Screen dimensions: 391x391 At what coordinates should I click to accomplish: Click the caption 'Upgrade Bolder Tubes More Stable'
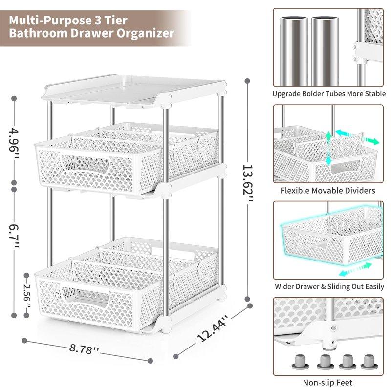click(x=329, y=94)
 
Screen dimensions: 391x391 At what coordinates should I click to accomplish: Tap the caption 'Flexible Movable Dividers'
click(x=328, y=191)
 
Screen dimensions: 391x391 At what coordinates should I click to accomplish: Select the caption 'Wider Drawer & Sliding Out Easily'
click(x=329, y=287)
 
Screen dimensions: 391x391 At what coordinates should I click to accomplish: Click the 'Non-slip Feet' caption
click(x=328, y=383)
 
